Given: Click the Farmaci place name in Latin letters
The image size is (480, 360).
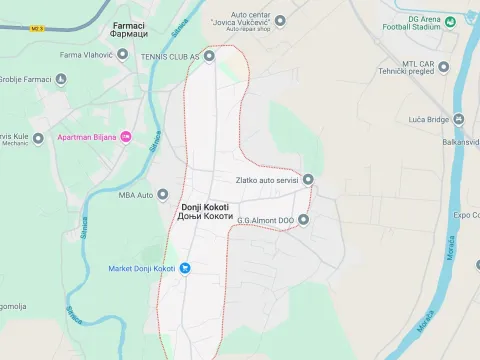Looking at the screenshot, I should point(129,23).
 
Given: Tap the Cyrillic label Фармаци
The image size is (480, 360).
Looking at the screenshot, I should point(129,34).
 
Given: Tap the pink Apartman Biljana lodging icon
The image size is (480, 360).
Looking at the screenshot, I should point(125,136).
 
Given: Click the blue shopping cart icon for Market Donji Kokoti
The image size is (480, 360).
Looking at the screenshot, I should point(185,268).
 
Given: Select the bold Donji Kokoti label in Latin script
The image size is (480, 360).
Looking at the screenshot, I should point(205,207).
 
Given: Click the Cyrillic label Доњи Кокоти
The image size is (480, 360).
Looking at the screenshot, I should point(205,218).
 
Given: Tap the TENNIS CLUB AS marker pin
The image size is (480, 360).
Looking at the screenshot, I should point(209,57).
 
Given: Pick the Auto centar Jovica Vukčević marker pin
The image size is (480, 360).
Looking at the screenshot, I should point(280,20).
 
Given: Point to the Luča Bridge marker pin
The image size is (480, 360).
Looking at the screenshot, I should point(460,119).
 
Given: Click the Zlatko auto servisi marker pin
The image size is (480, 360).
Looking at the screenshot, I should point(308,180).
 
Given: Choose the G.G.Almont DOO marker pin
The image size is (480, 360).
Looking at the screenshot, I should point(304,220).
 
